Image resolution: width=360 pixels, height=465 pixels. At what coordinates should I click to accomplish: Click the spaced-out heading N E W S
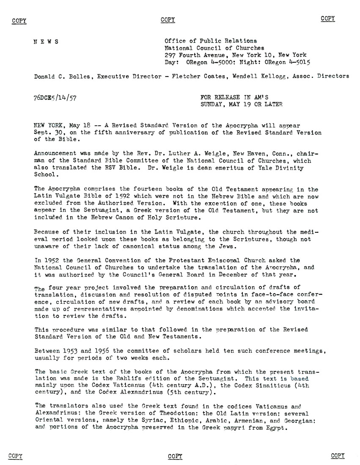pos(46,41)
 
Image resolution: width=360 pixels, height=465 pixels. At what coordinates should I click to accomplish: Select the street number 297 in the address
pos(170,55)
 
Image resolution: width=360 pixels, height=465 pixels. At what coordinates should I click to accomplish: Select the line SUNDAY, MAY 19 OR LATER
pos(241,104)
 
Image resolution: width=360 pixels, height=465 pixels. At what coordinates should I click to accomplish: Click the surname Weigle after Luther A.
pos(190,154)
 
